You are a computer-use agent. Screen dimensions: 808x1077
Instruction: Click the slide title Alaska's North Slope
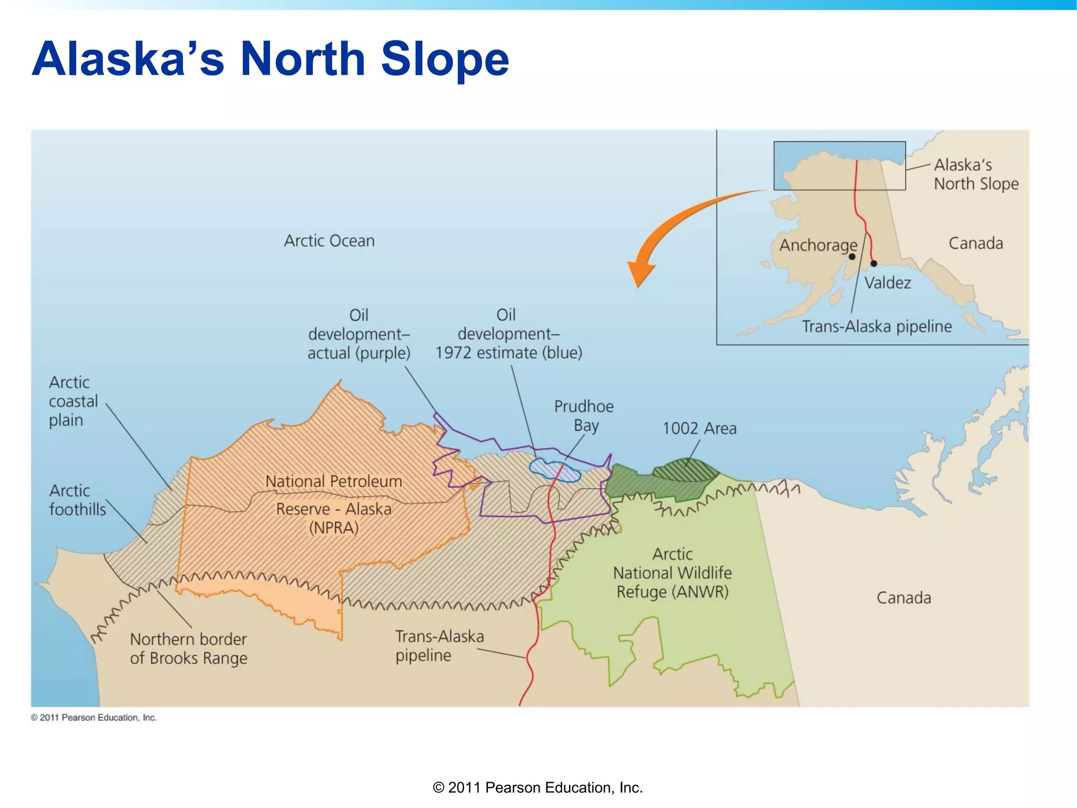[x=270, y=59]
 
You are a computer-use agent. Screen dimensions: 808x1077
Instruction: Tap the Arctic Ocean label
[x=329, y=241]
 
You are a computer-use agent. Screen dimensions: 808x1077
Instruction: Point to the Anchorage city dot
[x=852, y=257]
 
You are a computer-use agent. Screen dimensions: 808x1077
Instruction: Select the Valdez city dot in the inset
[x=873, y=264]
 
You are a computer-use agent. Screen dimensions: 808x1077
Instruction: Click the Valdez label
[x=887, y=283]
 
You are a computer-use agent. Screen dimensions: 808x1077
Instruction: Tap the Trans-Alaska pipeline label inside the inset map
[x=877, y=327]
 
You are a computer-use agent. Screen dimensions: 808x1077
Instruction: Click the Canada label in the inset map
[x=976, y=244]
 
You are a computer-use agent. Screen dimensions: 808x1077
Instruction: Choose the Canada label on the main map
[x=903, y=598]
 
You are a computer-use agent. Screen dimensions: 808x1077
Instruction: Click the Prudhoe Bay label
[x=584, y=416]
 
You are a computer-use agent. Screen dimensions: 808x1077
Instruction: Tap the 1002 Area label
[x=699, y=429]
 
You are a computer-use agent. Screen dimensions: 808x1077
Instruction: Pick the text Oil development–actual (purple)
[x=359, y=334]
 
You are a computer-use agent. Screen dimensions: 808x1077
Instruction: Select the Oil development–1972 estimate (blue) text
[x=508, y=334]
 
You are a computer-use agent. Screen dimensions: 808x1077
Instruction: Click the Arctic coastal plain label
[x=73, y=401]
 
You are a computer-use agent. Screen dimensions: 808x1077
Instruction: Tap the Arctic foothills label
[x=77, y=500]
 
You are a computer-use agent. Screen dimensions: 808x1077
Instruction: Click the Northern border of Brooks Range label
[x=188, y=649]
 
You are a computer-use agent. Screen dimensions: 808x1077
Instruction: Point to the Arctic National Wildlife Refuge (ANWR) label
[x=672, y=573]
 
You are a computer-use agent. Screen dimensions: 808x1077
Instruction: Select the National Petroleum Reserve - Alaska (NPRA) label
[x=333, y=504]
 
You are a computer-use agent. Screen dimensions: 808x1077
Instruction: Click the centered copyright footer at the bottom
[x=537, y=787]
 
